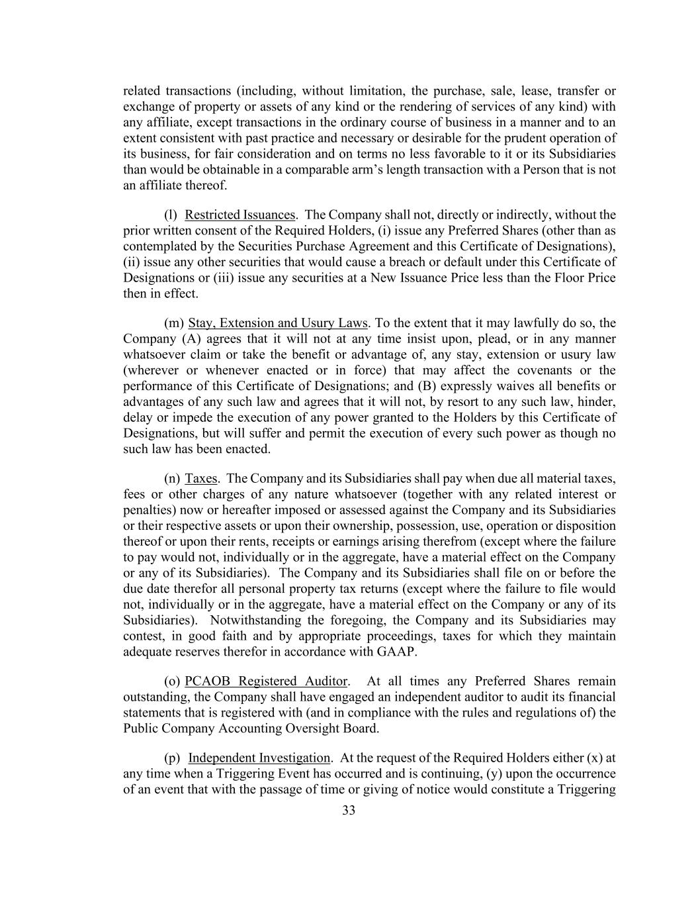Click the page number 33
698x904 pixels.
tap(349, 811)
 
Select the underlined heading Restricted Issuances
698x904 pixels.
tap(240, 215)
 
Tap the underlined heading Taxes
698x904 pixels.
tap(201, 479)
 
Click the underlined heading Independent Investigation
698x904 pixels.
tap(259, 758)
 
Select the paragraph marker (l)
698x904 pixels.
tap(171, 215)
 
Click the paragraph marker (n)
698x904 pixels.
tap(171, 479)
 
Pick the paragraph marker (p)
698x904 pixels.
tap(172, 758)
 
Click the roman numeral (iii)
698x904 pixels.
tap(224, 278)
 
